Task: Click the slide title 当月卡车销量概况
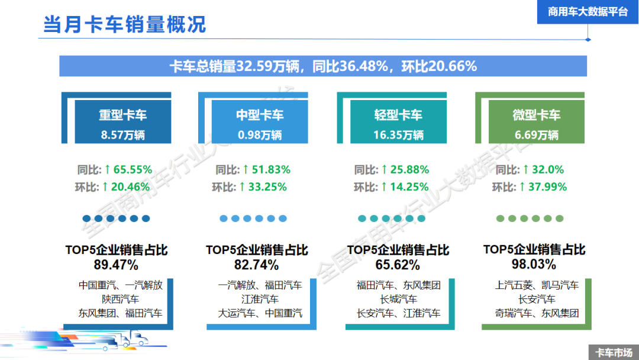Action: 124,24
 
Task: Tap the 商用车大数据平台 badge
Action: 588,12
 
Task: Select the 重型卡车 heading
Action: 122,115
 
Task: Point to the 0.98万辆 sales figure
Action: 260,135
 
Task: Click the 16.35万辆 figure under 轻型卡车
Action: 398,135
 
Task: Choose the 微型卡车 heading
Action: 537,115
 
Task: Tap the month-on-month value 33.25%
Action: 267,187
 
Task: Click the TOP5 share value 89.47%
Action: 116,264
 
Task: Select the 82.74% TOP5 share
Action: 256,264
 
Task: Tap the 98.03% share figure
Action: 534,264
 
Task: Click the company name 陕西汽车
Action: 121,299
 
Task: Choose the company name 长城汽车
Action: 399,299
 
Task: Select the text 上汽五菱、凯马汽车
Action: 537,285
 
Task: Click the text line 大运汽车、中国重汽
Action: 260,313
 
